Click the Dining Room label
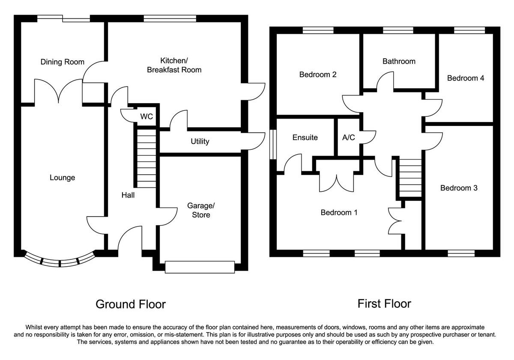click(63, 62)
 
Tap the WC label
click(146, 116)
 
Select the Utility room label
click(200, 141)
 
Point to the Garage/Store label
click(201, 210)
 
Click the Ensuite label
click(305, 137)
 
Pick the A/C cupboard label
click(349, 137)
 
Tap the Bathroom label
click(399, 61)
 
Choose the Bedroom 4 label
click(466, 78)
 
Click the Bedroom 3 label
click(459, 188)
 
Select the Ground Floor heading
click(131, 304)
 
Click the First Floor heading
click(384, 303)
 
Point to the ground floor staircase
click(146, 158)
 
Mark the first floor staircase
click(410, 178)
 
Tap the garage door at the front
click(200, 267)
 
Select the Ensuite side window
click(273, 144)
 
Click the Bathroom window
click(398, 30)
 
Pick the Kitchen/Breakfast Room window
click(170, 18)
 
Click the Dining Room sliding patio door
click(63, 18)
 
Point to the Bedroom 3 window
click(461, 253)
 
